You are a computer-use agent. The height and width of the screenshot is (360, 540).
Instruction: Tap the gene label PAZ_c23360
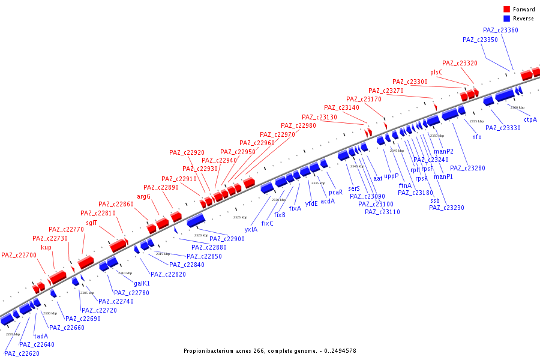click(500, 31)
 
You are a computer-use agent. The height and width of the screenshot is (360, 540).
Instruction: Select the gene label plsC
click(436, 73)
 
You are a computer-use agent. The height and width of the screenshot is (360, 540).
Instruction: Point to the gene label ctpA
click(530, 119)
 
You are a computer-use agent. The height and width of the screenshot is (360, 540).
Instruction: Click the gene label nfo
click(476, 137)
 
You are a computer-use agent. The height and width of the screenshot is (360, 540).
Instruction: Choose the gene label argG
click(144, 196)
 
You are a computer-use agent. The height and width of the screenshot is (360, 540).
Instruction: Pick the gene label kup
click(46, 247)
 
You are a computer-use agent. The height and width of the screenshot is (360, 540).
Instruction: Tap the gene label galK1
click(142, 283)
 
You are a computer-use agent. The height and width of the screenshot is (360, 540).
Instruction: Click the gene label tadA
click(41, 336)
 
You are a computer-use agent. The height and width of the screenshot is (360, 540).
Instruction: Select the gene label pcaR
click(335, 192)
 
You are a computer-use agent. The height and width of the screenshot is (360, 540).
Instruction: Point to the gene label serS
click(354, 188)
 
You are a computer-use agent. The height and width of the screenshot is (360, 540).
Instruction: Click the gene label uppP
click(391, 177)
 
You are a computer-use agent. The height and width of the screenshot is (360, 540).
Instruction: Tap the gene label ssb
click(435, 200)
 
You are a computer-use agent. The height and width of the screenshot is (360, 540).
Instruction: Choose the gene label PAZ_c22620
click(21, 353)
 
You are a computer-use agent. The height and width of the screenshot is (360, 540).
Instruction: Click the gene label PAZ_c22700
click(19, 256)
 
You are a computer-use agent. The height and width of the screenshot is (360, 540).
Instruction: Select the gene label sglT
click(91, 222)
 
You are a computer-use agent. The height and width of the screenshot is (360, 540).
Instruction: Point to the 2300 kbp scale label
click(49, 313)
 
